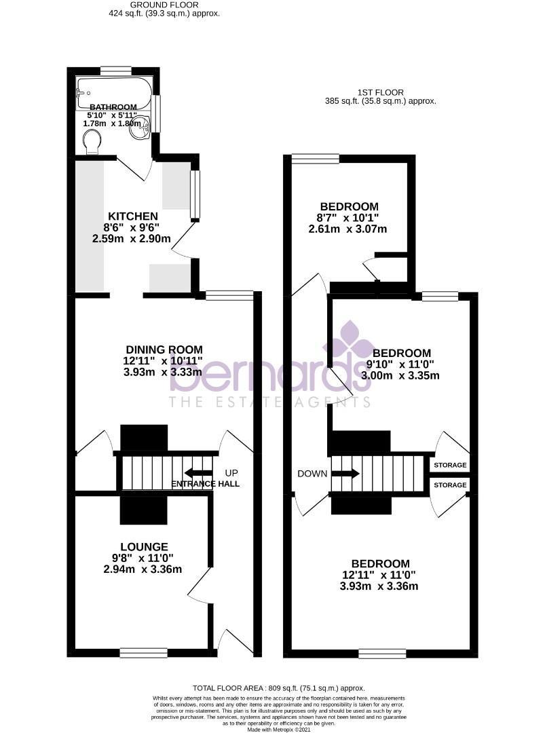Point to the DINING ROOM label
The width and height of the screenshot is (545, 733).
pyautogui.click(x=164, y=350)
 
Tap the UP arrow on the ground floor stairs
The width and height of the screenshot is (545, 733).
pyautogui.click(x=198, y=472)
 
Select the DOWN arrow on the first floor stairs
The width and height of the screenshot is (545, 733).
pyautogui.click(x=345, y=474)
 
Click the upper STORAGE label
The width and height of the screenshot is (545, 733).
pyautogui.click(x=450, y=465)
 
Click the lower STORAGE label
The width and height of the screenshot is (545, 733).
pyautogui.click(x=450, y=485)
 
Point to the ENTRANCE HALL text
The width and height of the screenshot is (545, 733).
pyautogui.click(x=204, y=484)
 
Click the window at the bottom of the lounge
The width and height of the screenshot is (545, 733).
pyautogui.click(x=143, y=652)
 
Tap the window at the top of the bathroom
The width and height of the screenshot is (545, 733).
pyautogui.click(x=116, y=69)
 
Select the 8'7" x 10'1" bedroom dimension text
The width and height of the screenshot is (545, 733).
pyautogui.click(x=349, y=218)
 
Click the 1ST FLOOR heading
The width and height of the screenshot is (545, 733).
pyautogui.click(x=380, y=92)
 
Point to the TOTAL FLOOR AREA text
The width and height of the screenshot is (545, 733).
pyautogui.click(x=279, y=687)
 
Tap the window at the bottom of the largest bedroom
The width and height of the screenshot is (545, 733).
pyautogui.click(x=377, y=653)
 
